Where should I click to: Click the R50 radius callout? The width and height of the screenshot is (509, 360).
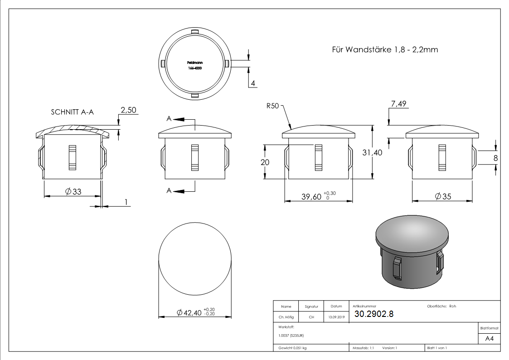(x=273, y=106)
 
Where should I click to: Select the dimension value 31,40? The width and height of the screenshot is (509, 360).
(x=372, y=153)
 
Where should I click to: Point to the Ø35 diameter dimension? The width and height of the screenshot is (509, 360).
(x=443, y=196)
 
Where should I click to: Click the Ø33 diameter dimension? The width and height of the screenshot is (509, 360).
(x=73, y=192)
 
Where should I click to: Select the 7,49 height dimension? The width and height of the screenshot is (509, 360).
(x=398, y=104)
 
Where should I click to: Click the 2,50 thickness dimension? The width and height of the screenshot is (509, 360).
(x=128, y=110)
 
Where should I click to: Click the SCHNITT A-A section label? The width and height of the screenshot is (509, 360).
(x=73, y=112)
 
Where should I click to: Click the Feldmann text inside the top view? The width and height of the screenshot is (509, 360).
(x=194, y=63)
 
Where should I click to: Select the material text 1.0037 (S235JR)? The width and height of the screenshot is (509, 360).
(x=291, y=335)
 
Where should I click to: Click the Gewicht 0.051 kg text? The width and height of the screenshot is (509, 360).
(x=293, y=348)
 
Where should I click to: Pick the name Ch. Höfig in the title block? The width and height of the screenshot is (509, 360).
(x=286, y=317)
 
